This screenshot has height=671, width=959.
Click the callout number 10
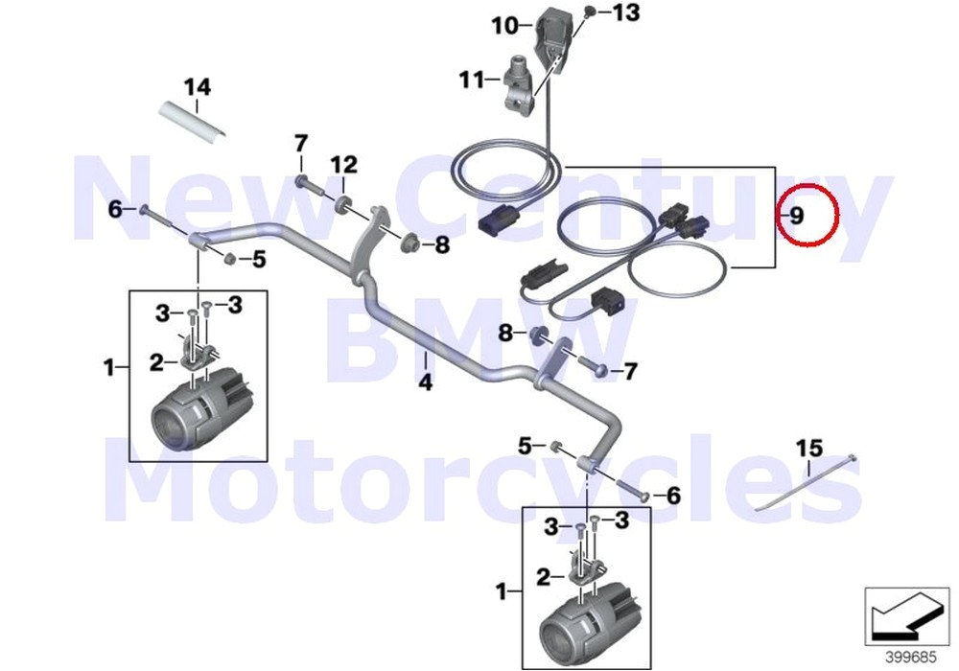pyautogui.click(x=504, y=26)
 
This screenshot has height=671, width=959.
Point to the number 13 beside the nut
pyautogui.click(x=624, y=12)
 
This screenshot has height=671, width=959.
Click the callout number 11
pyautogui.click(x=471, y=81)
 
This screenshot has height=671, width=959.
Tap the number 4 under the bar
pyautogui.click(x=425, y=383)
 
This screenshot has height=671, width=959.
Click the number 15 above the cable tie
pyautogui.click(x=809, y=449)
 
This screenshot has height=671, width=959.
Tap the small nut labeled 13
pyautogui.click(x=591, y=13)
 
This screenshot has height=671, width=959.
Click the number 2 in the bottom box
pyautogui.click(x=544, y=577)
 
